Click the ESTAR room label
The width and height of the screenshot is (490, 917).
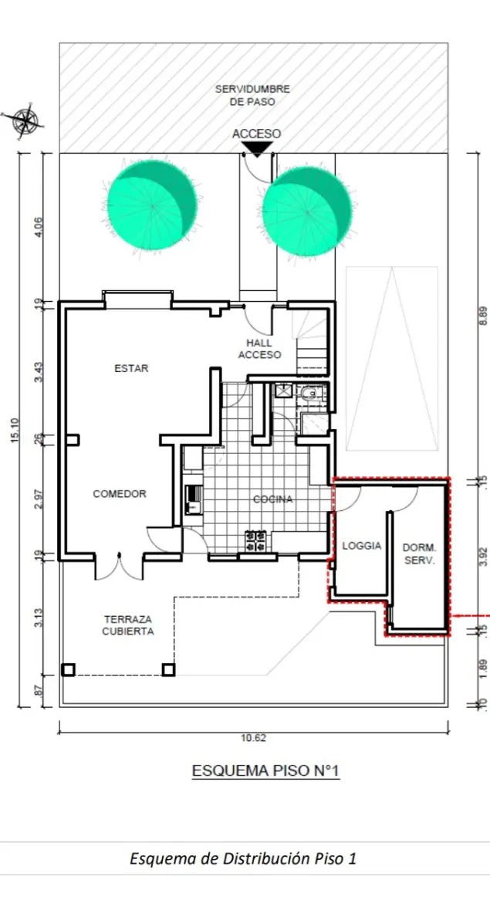tap(131, 368)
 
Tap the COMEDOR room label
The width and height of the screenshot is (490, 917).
tap(120, 494)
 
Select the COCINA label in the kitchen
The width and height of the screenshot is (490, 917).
tap(272, 499)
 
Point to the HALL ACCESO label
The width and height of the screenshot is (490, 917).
tap(259, 349)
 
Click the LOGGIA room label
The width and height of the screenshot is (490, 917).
tap(362, 546)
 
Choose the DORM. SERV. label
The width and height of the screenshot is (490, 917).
tap(419, 553)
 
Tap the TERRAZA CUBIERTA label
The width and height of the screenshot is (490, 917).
tap(128, 624)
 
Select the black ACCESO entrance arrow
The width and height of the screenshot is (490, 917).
tap(256, 149)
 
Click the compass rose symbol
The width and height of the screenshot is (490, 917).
tap(27, 122)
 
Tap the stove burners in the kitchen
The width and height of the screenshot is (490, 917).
tap(256, 540)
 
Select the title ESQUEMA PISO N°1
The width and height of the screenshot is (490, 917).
tap(265, 770)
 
